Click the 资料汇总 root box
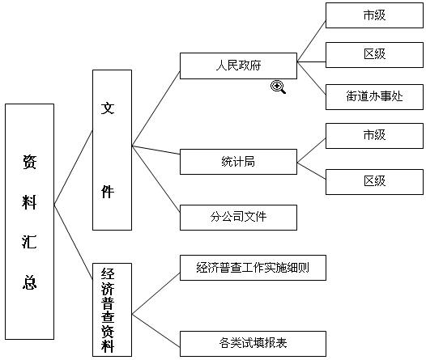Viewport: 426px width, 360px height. [30, 222]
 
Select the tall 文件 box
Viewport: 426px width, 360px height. [113, 150]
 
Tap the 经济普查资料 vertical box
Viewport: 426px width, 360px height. [113, 310]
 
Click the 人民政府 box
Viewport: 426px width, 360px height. [238, 66]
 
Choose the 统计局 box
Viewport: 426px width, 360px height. [238, 162]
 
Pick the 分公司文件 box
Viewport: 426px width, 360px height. [238, 218]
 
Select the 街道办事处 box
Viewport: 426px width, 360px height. [374, 97]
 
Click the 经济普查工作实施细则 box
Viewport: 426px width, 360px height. [253, 268]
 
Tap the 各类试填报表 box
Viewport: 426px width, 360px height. [253, 344]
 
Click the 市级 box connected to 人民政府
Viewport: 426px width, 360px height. [374, 15]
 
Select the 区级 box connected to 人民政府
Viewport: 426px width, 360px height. [374, 55]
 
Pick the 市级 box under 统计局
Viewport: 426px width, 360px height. [374, 136]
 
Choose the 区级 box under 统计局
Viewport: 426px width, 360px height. [374, 182]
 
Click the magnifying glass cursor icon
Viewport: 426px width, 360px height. [278, 87]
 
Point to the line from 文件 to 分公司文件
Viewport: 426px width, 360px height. [156, 179]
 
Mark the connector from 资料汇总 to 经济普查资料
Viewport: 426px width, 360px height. [74, 241]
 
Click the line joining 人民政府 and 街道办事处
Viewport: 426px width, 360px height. [311, 78]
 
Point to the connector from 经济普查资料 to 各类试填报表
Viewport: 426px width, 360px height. [156, 331]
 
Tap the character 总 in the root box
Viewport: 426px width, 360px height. [29, 282]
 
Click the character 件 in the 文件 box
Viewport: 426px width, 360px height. [108, 192]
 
